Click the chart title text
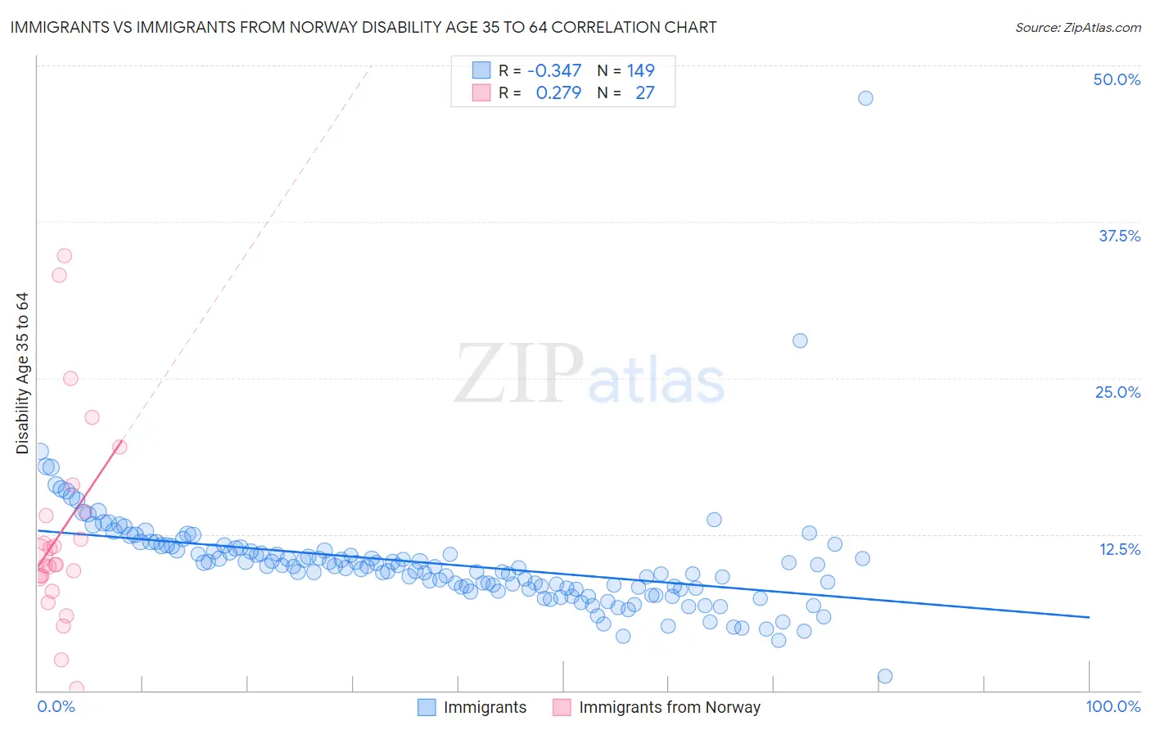coord(363,27)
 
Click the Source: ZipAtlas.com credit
coord(1077,27)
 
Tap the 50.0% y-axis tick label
coord(1117,79)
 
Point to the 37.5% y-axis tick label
coord(1119,236)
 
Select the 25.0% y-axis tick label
coord(1117,392)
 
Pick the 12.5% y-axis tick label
coord(1119,549)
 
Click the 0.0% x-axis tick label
coord(56,706)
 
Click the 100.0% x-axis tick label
coord(1113,706)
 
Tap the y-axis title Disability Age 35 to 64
coord(22,373)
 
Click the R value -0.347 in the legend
coord(553,70)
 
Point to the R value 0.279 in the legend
coord(558,92)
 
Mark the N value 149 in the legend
coord(641,70)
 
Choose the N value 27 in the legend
coord(645,92)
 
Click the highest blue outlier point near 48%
coord(865,98)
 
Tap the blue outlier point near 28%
coord(800,340)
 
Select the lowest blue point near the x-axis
coord(884,676)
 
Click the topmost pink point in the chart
coord(64,256)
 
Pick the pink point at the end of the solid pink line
coord(120,447)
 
